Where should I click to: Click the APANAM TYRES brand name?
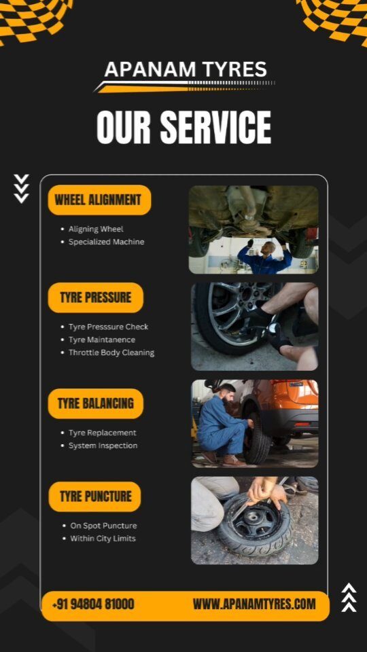pos(186,69)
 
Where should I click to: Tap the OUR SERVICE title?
pos(183,127)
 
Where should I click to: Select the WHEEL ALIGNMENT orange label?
pos(99,200)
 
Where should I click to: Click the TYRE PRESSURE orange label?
pos(96,297)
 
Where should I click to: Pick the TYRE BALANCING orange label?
pos(96,403)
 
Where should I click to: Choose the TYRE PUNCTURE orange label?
pos(95,496)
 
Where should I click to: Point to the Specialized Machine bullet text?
pos(106,242)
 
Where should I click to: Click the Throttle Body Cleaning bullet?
pos(111,352)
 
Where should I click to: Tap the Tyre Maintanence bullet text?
pos(101,340)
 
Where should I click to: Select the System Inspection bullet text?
pos(103,446)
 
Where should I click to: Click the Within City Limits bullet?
pos(103,539)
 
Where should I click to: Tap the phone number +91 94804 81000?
pos(93,604)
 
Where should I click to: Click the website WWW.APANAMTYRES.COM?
pos(254,604)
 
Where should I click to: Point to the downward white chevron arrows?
pos(21,189)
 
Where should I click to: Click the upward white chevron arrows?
pos(349,598)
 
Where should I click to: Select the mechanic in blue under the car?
pos(264,257)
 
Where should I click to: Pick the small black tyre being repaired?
pos(255,525)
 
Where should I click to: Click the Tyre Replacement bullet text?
pos(102,433)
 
